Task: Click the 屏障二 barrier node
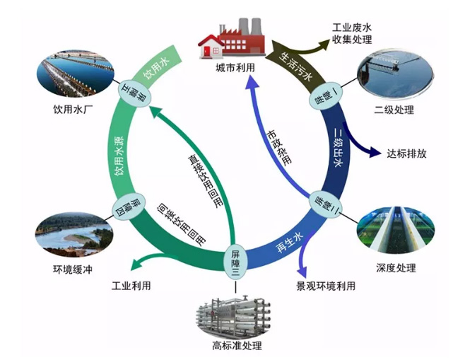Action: pos(320,204)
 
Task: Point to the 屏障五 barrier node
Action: pos(131,92)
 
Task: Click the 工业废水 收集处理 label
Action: pos(353,33)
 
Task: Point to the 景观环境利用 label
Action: pos(326,286)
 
